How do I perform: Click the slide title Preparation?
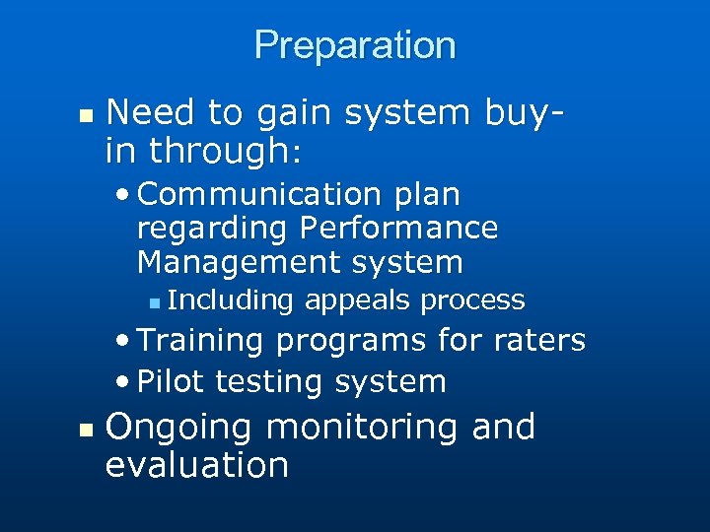coord(355,45)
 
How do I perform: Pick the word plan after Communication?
coord(427,195)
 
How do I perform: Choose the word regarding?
coord(208,229)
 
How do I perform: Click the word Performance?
coord(398,229)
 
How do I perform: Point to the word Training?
coord(201,341)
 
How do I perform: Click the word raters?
coord(538,341)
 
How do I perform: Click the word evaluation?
coord(197,465)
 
